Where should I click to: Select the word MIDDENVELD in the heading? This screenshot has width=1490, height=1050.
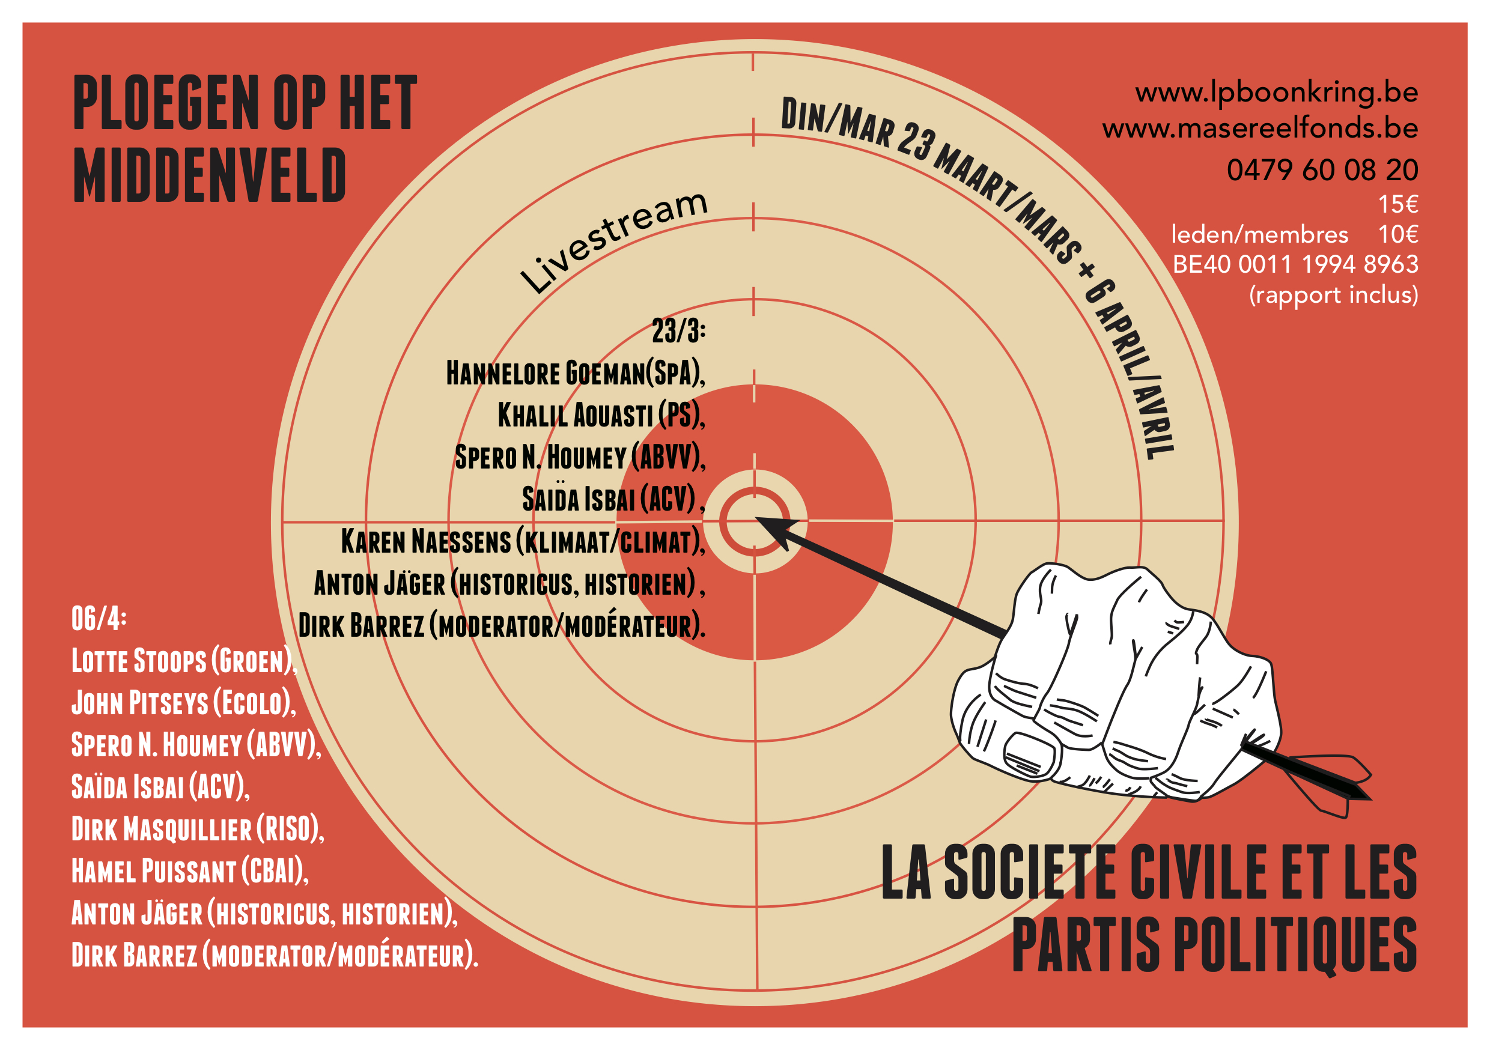pyautogui.click(x=209, y=175)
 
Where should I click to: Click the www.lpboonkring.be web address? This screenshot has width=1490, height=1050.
pyautogui.click(x=1276, y=92)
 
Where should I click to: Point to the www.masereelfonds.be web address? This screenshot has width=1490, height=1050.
pyautogui.click(x=1260, y=128)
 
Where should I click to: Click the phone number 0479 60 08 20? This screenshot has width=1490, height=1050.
pyautogui.click(x=1322, y=170)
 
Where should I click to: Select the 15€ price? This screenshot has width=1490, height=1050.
pyautogui.click(x=1397, y=204)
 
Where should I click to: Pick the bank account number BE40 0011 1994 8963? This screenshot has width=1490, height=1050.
pyautogui.click(x=1295, y=264)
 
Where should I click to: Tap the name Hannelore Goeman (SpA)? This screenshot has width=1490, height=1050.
pyautogui.click(x=574, y=373)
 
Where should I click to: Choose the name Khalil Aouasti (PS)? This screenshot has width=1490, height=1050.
pyautogui.click(x=600, y=415)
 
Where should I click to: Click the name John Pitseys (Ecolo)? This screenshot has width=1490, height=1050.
pyautogui.click(x=183, y=703)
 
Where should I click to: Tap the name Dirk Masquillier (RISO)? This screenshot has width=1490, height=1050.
pyautogui.click(x=196, y=830)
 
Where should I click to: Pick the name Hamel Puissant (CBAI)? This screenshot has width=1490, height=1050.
pyautogui.click(x=189, y=871)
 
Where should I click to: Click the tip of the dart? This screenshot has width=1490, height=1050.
pyautogui.click(x=758, y=518)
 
